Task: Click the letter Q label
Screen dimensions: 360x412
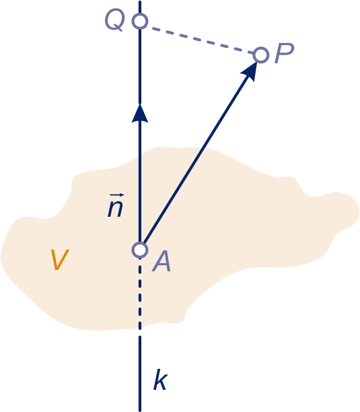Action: point(114,21)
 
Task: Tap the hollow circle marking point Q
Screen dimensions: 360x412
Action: point(140,21)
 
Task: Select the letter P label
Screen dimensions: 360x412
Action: point(284,53)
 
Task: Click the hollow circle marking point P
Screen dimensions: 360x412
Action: point(260,55)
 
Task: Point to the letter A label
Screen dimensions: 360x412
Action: point(161,261)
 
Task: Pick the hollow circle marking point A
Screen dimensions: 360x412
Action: point(140,250)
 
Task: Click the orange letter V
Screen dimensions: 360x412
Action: point(60,260)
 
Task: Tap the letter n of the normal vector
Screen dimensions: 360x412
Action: point(115,209)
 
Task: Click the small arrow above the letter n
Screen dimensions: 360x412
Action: point(117,195)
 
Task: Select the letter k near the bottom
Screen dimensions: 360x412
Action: point(160,380)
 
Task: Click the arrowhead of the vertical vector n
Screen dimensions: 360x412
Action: point(140,113)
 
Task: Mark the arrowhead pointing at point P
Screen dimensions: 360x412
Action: point(250,71)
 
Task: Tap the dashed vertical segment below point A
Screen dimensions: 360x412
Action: point(140,294)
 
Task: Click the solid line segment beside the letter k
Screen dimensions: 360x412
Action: point(140,374)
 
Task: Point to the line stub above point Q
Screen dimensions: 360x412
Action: point(140,7)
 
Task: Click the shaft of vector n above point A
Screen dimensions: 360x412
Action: point(140,182)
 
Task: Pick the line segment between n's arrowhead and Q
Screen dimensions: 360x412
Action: point(140,67)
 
